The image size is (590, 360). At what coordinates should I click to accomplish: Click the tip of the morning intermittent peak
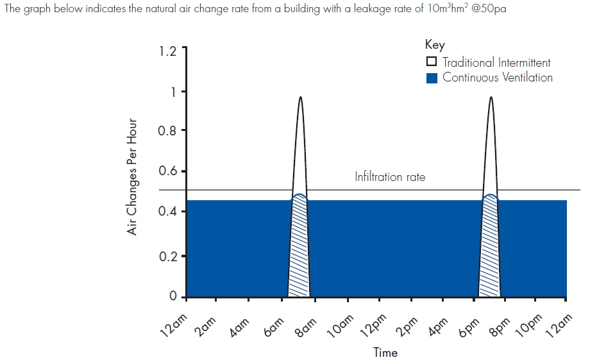tap(300, 98)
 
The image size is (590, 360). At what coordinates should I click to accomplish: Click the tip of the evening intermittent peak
tap(491, 98)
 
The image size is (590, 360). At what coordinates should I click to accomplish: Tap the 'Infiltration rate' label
tap(389, 177)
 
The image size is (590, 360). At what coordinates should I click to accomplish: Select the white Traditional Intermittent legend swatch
tap(432, 62)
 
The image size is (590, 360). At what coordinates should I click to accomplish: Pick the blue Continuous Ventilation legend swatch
tap(432, 78)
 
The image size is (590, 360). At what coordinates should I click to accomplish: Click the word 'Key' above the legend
tap(434, 45)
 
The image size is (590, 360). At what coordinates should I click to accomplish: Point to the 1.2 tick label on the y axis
tap(167, 51)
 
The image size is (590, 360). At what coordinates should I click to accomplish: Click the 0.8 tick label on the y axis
tap(167, 131)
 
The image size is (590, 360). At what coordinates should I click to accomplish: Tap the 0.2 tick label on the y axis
tap(167, 256)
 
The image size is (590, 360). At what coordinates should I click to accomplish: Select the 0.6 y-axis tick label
tap(167, 172)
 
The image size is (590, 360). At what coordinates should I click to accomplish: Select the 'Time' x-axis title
tap(385, 352)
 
